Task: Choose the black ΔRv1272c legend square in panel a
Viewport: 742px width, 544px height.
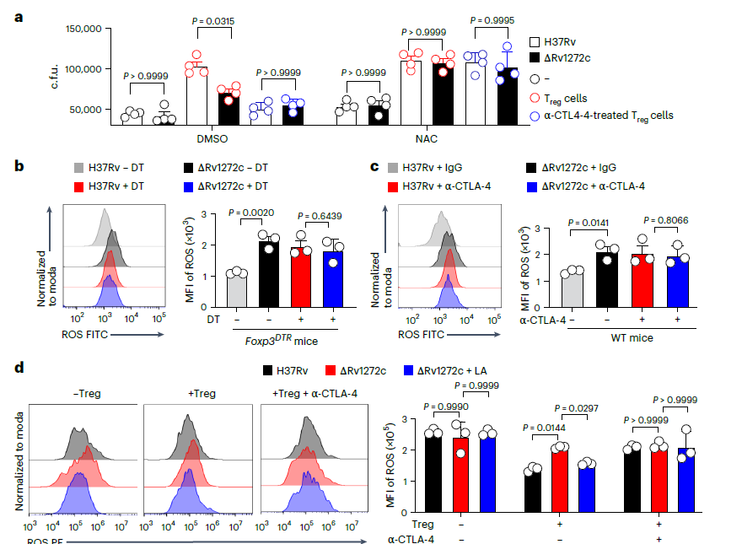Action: [x=535, y=57]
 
